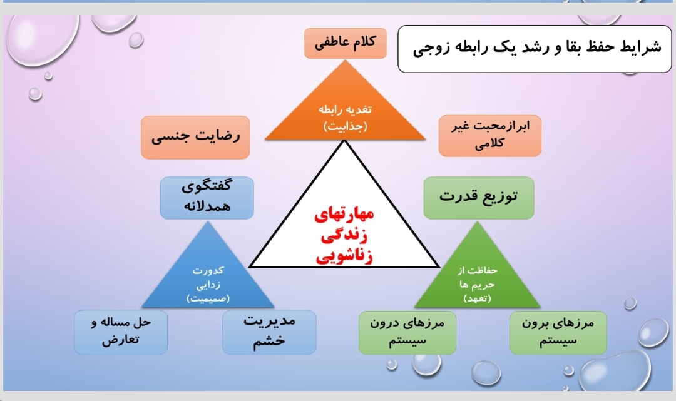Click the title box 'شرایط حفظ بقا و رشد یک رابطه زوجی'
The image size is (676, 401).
click(535, 49)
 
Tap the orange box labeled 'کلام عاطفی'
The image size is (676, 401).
click(346, 43)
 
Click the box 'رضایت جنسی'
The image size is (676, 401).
click(195, 138)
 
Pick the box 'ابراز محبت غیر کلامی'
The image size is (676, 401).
click(489, 136)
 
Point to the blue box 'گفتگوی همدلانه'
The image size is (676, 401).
click(207, 198)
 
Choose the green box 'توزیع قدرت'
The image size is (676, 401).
click(479, 198)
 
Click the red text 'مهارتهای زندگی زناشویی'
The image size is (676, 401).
click(344, 235)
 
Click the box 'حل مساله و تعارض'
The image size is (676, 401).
click(121, 332)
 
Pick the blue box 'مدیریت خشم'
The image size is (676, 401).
click(269, 332)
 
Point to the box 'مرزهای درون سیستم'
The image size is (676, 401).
click(407, 333)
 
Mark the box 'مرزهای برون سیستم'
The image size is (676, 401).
click(558, 333)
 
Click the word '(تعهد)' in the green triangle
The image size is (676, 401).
click(477, 298)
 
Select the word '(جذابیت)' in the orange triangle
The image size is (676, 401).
click(346, 126)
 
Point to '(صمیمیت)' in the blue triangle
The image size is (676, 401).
click(208, 298)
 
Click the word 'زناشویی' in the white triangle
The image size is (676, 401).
click(344, 256)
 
